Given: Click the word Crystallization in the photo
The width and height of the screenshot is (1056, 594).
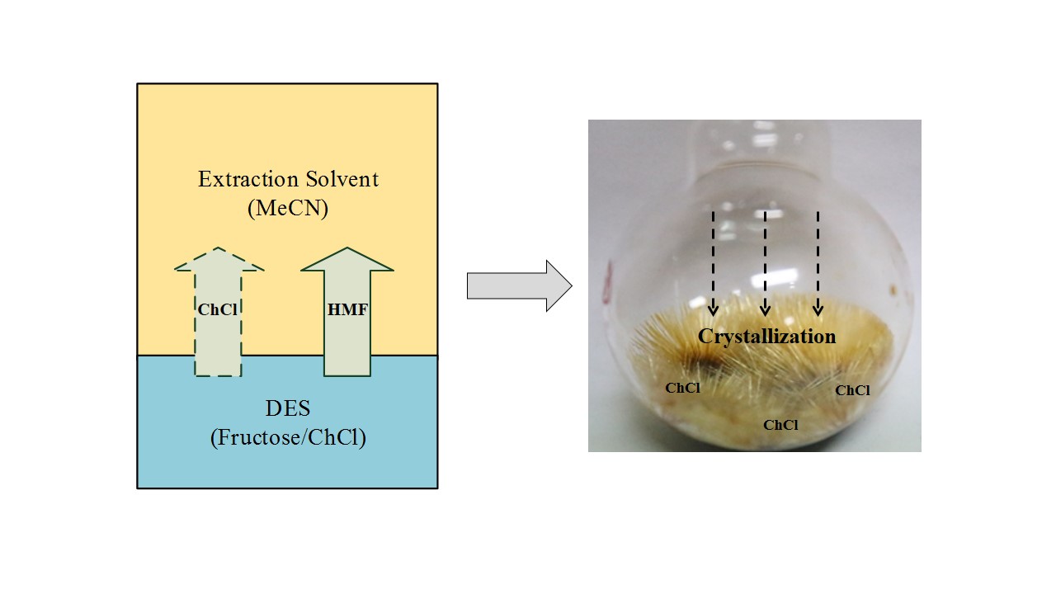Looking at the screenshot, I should [766, 337].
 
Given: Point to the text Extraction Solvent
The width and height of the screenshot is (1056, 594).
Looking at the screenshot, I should [288, 179].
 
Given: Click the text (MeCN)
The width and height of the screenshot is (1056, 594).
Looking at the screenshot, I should [288, 209].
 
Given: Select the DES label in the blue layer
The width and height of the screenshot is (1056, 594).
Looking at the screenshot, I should [288, 408].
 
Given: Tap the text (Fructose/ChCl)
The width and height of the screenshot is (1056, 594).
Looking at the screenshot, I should [288, 438].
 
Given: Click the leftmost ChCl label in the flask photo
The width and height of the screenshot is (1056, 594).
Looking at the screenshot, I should [683, 388].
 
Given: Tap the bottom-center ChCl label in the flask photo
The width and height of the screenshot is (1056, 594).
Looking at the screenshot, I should [780, 426].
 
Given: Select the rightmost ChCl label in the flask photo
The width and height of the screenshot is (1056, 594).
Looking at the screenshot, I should [852, 391].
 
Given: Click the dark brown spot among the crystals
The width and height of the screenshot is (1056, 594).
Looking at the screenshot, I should [708, 363].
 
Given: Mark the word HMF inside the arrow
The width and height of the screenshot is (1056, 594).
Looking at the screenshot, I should [347, 310].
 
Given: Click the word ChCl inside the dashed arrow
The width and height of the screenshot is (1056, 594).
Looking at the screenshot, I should [219, 310].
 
